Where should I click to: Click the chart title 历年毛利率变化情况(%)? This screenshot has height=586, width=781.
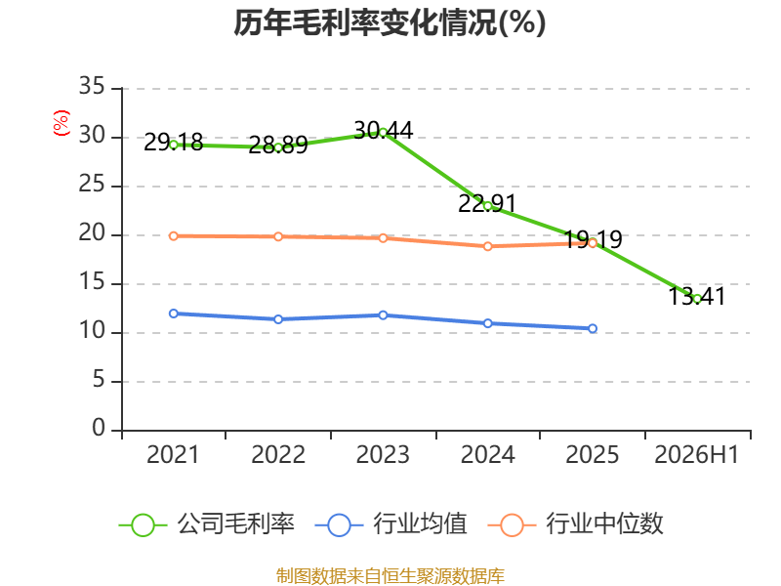click(x=390, y=22)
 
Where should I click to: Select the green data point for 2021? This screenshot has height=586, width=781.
click(x=174, y=145)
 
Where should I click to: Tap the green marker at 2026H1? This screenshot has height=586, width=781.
click(x=697, y=299)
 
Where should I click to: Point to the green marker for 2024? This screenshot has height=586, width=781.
click(x=487, y=206)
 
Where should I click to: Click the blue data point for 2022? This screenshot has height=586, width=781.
click(x=278, y=319)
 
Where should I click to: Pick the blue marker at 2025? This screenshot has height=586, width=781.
click(x=593, y=328)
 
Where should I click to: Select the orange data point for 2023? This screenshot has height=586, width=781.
click(x=383, y=238)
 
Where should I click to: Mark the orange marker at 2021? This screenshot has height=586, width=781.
click(x=174, y=235)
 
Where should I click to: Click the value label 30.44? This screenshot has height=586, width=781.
click(x=383, y=131)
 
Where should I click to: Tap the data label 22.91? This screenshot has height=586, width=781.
click(x=487, y=203)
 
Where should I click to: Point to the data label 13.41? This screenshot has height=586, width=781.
click(x=697, y=296)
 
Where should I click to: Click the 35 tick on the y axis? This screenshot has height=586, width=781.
click(x=92, y=86)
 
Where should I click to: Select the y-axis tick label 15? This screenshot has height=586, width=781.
click(x=92, y=282)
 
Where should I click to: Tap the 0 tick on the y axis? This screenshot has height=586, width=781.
click(x=99, y=428)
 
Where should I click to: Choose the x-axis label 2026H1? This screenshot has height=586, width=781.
click(x=697, y=454)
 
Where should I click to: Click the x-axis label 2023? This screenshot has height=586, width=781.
click(x=383, y=454)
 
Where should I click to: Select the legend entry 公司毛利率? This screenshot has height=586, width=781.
click(x=207, y=524)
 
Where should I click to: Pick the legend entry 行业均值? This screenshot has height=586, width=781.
click(x=391, y=524)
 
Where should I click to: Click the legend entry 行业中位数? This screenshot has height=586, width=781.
click(x=576, y=524)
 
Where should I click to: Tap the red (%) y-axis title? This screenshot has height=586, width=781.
click(x=62, y=123)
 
